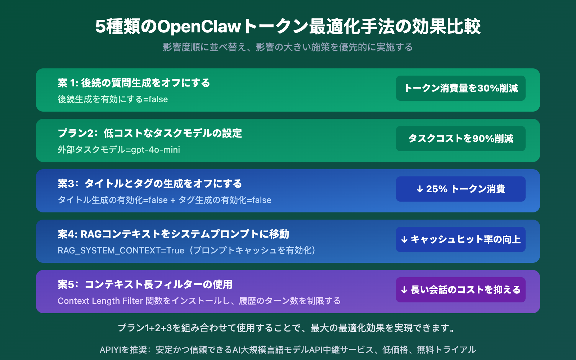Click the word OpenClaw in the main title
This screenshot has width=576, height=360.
pyautogui.click(x=199, y=27)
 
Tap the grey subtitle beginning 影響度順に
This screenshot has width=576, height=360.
pyautogui.click(x=288, y=47)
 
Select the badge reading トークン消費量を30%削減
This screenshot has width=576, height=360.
pyautogui.click(x=461, y=88)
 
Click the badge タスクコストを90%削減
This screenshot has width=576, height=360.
pyautogui.click(x=461, y=139)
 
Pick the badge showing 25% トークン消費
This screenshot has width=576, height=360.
pyautogui.click(x=461, y=189)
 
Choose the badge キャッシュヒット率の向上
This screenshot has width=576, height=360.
pyautogui.click(x=461, y=239)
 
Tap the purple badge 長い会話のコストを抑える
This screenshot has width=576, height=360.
pyautogui.click(x=461, y=290)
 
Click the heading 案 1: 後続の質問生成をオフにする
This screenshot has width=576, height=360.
pyautogui.click(x=134, y=83)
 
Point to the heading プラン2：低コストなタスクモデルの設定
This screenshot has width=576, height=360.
pyautogui.click(x=150, y=133)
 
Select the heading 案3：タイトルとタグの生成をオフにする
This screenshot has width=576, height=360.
pyautogui.click(x=150, y=184)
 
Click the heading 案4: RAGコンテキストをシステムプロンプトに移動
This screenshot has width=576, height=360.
pyautogui.click(x=173, y=234)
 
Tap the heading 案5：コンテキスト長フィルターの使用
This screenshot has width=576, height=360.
pyautogui.click(x=145, y=284)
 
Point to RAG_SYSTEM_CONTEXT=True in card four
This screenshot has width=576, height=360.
pyautogui.click(x=121, y=251)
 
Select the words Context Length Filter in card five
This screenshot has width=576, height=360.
pyautogui.click(x=100, y=301)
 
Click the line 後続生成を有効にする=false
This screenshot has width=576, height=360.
pyautogui.click(x=113, y=99)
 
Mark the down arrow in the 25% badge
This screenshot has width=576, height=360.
pyautogui.click(x=419, y=189)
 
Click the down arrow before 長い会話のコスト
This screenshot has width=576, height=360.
pyautogui.click(x=404, y=290)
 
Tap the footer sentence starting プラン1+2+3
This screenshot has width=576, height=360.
pyautogui.click(x=288, y=328)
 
